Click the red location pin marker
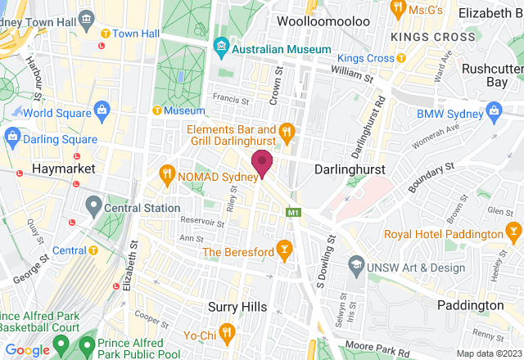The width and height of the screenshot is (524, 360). [x=262, y=163]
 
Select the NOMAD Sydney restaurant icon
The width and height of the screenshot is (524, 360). [x=166, y=173]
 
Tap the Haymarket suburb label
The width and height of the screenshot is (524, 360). [x=63, y=168]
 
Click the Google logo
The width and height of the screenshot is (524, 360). [x=27, y=349]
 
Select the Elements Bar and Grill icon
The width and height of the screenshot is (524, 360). [x=287, y=130]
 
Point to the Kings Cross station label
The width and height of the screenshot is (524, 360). [x=366, y=58]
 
